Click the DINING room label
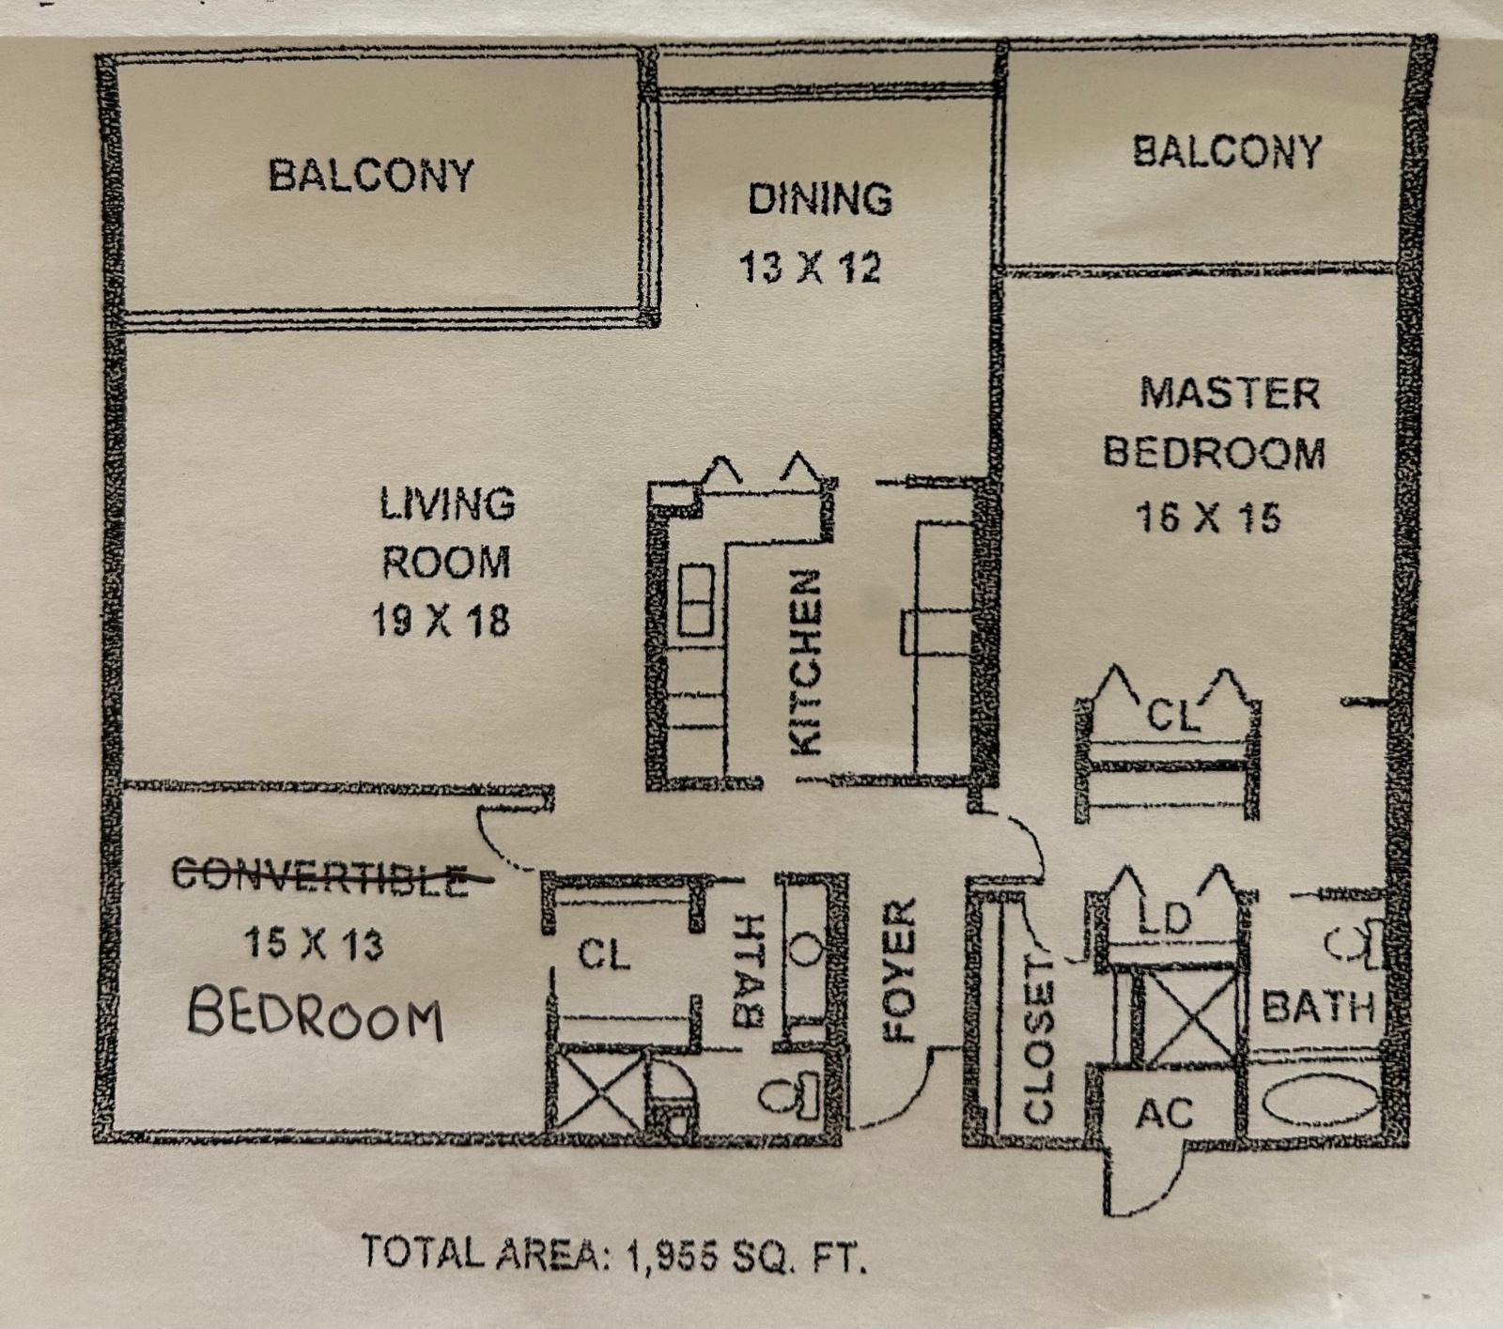(819, 199)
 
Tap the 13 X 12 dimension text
(810, 268)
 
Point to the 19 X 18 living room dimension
(441, 621)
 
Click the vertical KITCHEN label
(806, 661)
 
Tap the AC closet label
(1164, 1114)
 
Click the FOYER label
(900, 969)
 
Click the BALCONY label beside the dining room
(371, 176)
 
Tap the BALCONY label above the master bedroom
(1227, 152)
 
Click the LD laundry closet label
(1164, 918)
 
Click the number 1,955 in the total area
(669, 1255)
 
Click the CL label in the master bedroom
(1171, 716)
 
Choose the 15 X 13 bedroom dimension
(314, 943)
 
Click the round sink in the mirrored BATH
(805, 950)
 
